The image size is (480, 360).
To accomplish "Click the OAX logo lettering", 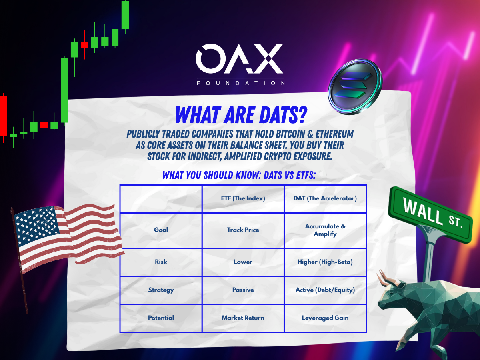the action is (240, 58).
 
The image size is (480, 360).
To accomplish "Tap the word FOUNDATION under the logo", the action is (241, 83).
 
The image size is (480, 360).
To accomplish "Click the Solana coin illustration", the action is (355, 87).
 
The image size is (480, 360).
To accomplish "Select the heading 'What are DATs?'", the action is (241, 116).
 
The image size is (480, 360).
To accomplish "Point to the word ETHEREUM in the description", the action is (334, 134).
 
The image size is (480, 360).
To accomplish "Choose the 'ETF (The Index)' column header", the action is (243, 198).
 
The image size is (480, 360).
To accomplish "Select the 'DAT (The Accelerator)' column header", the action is (325, 198).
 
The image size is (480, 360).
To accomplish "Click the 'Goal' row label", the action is (161, 230).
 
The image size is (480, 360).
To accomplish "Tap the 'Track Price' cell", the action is (243, 230).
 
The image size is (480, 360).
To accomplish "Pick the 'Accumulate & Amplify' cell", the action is (325, 230).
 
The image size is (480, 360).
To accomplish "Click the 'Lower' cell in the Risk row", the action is (243, 262).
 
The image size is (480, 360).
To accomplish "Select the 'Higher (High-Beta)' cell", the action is (325, 262).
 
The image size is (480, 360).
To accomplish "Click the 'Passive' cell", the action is (243, 290).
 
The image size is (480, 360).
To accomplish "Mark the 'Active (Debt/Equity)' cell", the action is (325, 290).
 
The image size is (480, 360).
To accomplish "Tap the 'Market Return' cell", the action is (243, 318).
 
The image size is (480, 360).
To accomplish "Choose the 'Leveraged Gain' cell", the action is (325, 318).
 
